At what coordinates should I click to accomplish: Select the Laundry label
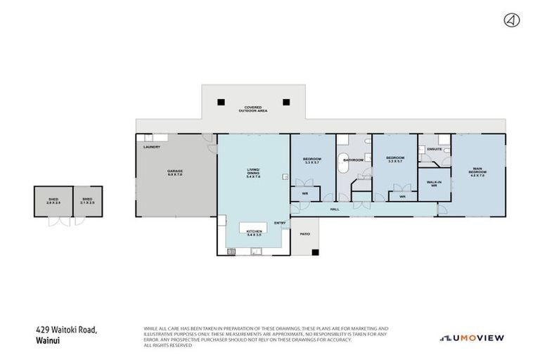(151, 147)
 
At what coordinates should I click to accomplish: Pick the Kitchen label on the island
(254, 231)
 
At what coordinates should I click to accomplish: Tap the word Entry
(280, 224)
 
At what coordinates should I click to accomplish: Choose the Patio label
(305, 233)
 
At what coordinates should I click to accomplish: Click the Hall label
(335, 209)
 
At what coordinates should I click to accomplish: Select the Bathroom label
(352, 160)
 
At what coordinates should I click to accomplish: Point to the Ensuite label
(435, 150)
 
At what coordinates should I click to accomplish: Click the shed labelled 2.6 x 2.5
(53, 201)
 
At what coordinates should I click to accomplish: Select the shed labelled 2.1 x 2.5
(87, 201)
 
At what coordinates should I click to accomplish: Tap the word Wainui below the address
(46, 340)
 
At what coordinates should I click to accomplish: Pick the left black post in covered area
(221, 101)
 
